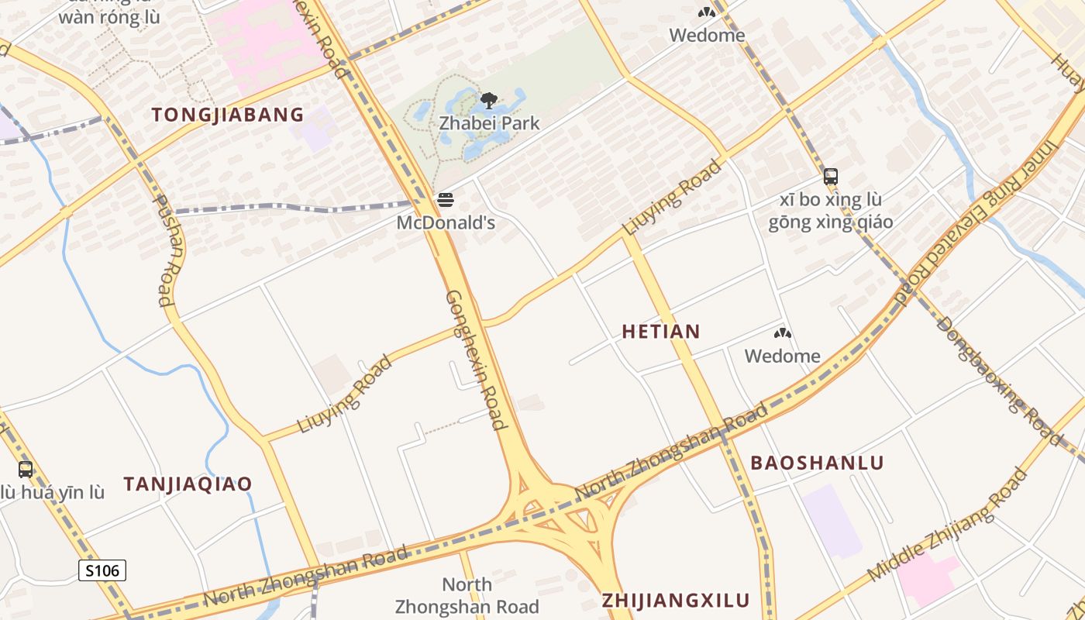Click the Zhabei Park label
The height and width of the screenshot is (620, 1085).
(x=489, y=122)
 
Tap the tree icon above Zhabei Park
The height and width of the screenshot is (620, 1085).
(x=488, y=100)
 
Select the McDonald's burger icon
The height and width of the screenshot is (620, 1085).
(x=445, y=200)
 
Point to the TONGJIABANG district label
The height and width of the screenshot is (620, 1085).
(x=228, y=115)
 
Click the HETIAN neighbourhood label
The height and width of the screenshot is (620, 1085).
(x=661, y=332)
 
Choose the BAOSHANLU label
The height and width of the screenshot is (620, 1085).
(x=817, y=463)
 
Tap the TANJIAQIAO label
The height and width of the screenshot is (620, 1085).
(x=188, y=484)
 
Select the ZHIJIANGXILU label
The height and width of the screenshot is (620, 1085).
(x=676, y=600)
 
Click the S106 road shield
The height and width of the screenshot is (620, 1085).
(x=102, y=571)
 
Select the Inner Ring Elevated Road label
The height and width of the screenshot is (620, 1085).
(x=978, y=221)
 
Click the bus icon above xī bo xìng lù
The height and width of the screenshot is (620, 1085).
(x=831, y=177)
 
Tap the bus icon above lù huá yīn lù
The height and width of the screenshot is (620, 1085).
(x=26, y=470)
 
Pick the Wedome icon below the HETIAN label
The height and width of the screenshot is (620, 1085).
(x=783, y=334)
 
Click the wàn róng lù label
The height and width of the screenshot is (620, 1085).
(x=109, y=18)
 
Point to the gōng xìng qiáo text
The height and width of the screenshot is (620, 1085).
(x=831, y=222)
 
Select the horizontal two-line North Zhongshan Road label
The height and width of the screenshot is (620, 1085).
(x=467, y=595)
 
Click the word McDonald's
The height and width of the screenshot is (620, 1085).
(x=446, y=223)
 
